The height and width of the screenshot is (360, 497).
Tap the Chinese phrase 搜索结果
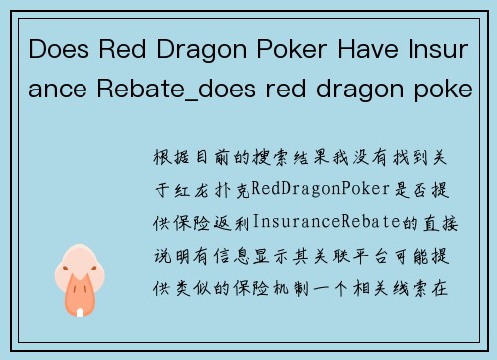pyautogui.click(x=262, y=159)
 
